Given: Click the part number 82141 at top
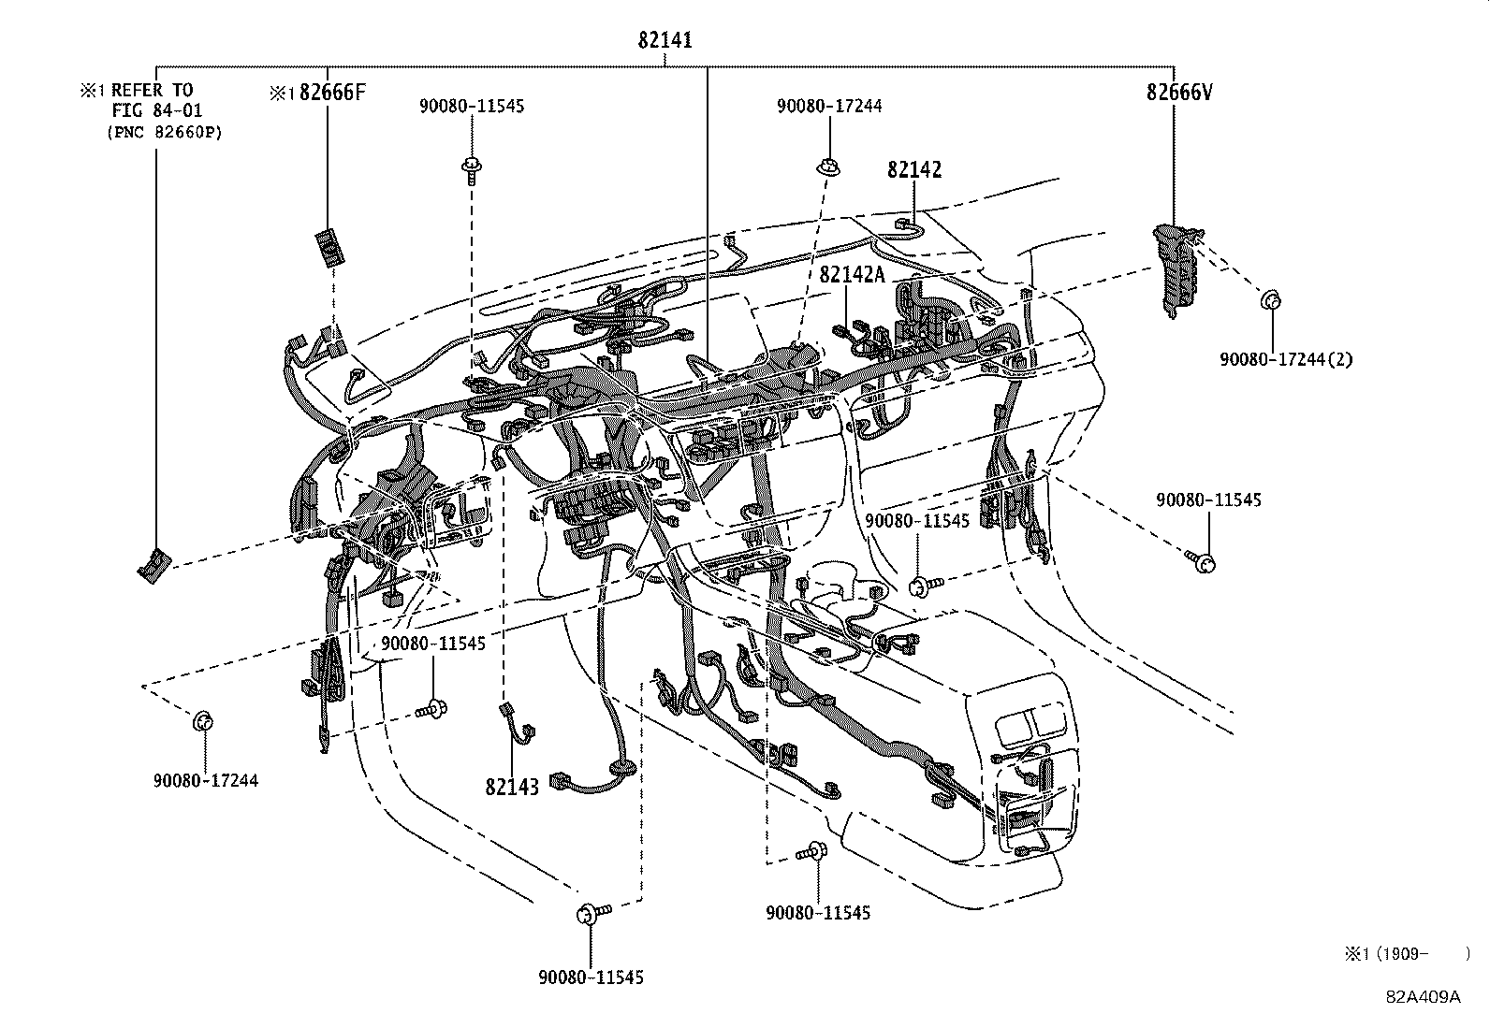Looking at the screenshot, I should point(665,40).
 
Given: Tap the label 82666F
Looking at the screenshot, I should point(326,93).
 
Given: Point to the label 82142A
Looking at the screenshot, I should point(852,274).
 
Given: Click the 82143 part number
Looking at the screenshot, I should point(512,787).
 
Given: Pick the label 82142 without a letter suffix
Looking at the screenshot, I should point(914,170).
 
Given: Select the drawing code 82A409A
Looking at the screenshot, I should point(1423,996).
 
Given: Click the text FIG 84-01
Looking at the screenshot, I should point(156,110).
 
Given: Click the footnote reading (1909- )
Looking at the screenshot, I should point(1404,953).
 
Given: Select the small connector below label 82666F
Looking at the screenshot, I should point(328,248).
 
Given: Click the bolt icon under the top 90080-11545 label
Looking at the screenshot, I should point(470,171).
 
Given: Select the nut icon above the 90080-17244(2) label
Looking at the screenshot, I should point(1270,301).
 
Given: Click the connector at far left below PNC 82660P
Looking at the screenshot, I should point(153,566).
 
